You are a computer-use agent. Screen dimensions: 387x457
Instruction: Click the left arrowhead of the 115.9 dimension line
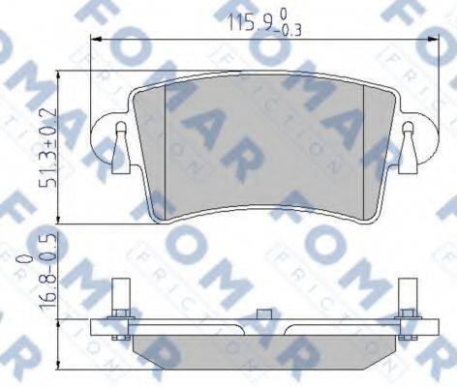(94, 40)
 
